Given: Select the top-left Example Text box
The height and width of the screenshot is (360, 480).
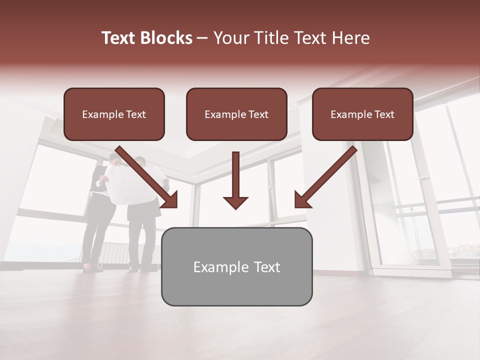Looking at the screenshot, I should pyautogui.click(x=114, y=114).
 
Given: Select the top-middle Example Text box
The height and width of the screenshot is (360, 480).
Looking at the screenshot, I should pyautogui.click(x=236, y=114).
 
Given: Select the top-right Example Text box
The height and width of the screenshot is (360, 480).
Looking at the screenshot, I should pyautogui.click(x=362, y=114).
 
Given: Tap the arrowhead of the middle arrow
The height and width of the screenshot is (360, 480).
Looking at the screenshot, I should pyautogui.click(x=235, y=202).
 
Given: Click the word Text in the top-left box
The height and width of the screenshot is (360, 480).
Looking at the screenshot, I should pyautogui.click(x=135, y=114).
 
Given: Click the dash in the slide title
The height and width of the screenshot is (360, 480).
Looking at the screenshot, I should pyautogui.click(x=202, y=38).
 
